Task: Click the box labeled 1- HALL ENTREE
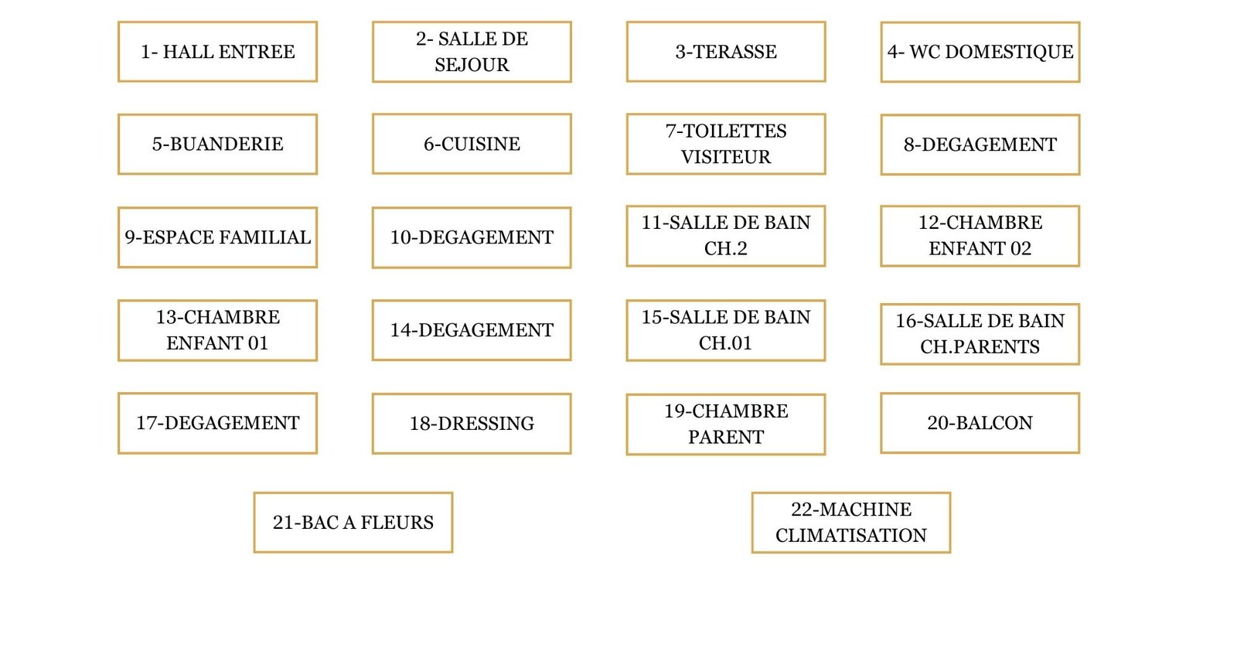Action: [x=217, y=52]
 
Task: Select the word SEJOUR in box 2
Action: [x=472, y=65]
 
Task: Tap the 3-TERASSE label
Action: [x=726, y=52]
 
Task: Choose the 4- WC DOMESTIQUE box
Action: [x=980, y=52]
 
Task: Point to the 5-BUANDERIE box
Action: [x=217, y=144]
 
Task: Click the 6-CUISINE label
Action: [x=472, y=144]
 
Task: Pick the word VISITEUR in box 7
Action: [x=726, y=157]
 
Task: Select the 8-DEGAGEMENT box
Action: [x=980, y=145]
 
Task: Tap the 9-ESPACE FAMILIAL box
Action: [x=217, y=237]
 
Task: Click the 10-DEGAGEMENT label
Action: [x=472, y=237]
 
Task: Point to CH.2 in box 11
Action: [x=726, y=249]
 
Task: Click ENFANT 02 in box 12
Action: [x=980, y=249]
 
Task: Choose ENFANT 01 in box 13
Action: [x=217, y=343]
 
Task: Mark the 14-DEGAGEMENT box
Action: [x=472, y=330]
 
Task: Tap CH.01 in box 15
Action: [x=725, y=343]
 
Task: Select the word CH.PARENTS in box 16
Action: [x=980, y=347]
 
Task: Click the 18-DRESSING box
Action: [x=472, y=424]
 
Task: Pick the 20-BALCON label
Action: [x=980, y=423]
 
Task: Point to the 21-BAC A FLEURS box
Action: [x=353, y=523]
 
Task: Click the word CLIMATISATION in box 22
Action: [x=850, y=536]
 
